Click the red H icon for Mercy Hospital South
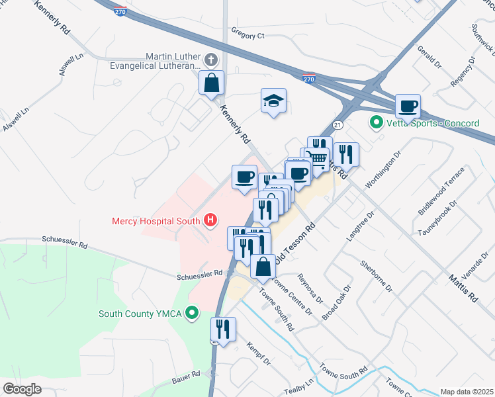210,220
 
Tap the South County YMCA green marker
192,314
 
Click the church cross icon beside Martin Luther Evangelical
210,60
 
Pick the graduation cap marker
273,101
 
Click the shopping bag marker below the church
212,84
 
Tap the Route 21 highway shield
337,124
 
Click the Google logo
22,388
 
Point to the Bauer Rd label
187,375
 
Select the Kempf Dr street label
258,353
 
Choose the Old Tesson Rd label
297,243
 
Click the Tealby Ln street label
300,386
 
